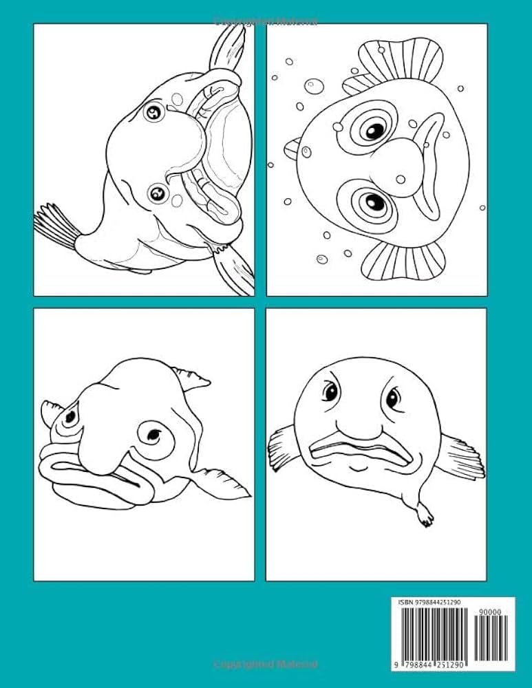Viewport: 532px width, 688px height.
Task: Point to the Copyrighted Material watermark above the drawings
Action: pyautogui.click(x=266, y=21)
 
